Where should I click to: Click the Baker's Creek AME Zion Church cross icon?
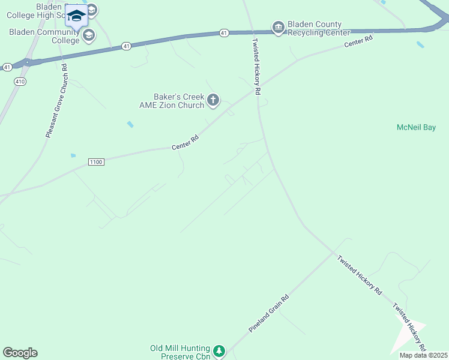pyautogui.click(x=213, y=101)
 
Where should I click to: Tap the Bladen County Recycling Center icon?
pyautogui.click(x=278, y=28)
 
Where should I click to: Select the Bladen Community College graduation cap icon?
pyautogui.click(x=89, y=35)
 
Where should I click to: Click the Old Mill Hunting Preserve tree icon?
pyautogui.click(x=219, y=350)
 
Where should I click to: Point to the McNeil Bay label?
pyautogui.click(x=416, y=127)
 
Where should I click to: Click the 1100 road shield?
pyautogui.click(x=96, y=162)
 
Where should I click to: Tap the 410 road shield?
pyautogui.click(x=20, y=82)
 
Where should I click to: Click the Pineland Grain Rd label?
pyautogui.click(x=269, y=313)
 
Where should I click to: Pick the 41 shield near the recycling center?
pyautogui.click(x=223, y=32)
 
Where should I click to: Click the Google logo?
pyautogui.click(x=20, y=353)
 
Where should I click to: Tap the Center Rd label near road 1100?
pyautogui.click(x=185, y=142)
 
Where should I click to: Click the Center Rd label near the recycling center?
pyautogui.click(x=358, y=41)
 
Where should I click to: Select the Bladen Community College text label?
pyautogui.click(x=44, y=36)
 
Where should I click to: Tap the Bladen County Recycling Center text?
pyautogui.click(x=318, y=28)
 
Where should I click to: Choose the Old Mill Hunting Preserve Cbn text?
pyautogui.click(x=179, y=352)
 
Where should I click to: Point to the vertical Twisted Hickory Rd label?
pyautogui.click(x=256, y=66)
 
